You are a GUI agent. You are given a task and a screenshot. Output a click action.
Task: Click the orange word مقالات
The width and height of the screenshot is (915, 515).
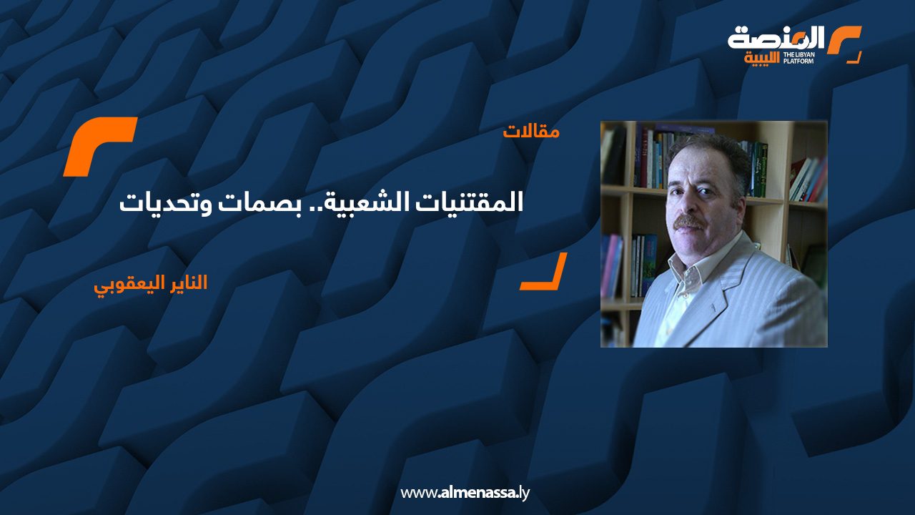pos(531,132)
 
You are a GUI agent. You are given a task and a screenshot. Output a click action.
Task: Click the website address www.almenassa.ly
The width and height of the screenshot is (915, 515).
pos(465,493)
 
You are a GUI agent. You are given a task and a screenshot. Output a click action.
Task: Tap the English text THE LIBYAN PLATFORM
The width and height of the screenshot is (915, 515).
pos(799,58)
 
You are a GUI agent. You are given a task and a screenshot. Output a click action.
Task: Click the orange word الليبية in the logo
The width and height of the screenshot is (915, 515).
pos(762,59)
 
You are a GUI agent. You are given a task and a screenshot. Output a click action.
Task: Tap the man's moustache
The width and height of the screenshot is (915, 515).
pos(689,222)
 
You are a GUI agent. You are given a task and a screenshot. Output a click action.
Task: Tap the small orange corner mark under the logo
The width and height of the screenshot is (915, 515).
pos(856,59)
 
